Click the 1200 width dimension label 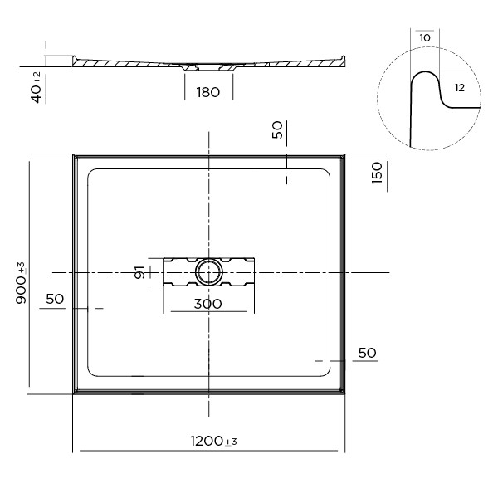[207, 441]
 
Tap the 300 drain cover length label [208, 304]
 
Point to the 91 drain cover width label [139, 272]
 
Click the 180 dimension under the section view [208, 92]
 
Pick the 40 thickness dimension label [37, 93]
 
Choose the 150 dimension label [377, 173]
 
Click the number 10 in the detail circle [425, 38]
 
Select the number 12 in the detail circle [460, 88]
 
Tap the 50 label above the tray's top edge [277, 129]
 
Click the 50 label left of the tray [55, 299]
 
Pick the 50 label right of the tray [367, 353]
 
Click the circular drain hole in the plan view [208, 272]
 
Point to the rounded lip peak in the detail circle [425, 71]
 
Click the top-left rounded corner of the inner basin [90, 172]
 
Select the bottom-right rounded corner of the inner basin [327, 373]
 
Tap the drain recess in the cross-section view [208, 67]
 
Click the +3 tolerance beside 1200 [232, 442]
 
